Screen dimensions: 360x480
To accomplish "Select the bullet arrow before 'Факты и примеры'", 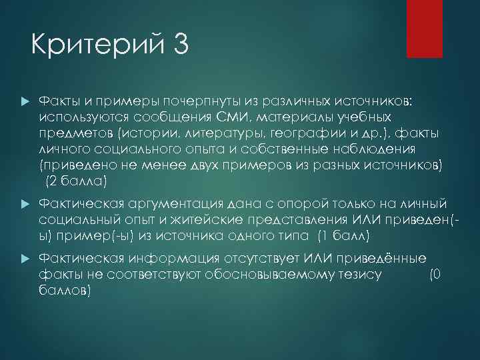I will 25,100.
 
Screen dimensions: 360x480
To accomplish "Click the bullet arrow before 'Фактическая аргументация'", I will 25,203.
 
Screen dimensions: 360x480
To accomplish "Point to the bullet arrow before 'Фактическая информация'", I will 25,258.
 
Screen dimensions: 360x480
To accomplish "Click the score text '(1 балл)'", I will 341,235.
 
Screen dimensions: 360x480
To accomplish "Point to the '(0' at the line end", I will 435,273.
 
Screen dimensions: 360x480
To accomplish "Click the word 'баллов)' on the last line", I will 65,291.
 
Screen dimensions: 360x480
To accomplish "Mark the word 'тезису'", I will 360,273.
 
